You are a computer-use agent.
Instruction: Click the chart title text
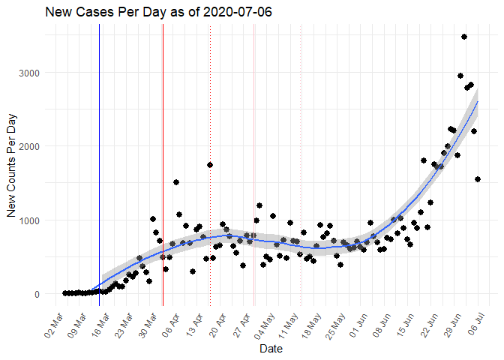click(x=148, y=12)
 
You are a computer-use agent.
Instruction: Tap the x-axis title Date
click(x=270, y=349)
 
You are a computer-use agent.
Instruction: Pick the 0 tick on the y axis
click(x=36, y=294)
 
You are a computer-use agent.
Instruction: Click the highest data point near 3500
click(x=464, y=37)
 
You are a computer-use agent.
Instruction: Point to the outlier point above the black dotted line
click(x=210, y=165)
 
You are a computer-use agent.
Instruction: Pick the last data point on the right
click(x=478, y=179)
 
